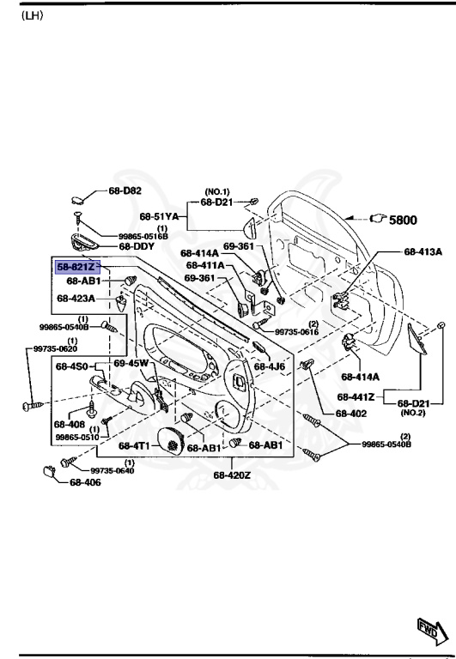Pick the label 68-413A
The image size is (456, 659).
tap(423, 252)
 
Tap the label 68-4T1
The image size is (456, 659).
tap(135, 446)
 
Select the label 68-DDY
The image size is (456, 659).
tap(136, 246)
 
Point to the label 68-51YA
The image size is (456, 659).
tap(159, 216)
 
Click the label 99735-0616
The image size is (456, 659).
tap(297, 332)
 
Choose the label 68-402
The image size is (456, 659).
tap(351, 413)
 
